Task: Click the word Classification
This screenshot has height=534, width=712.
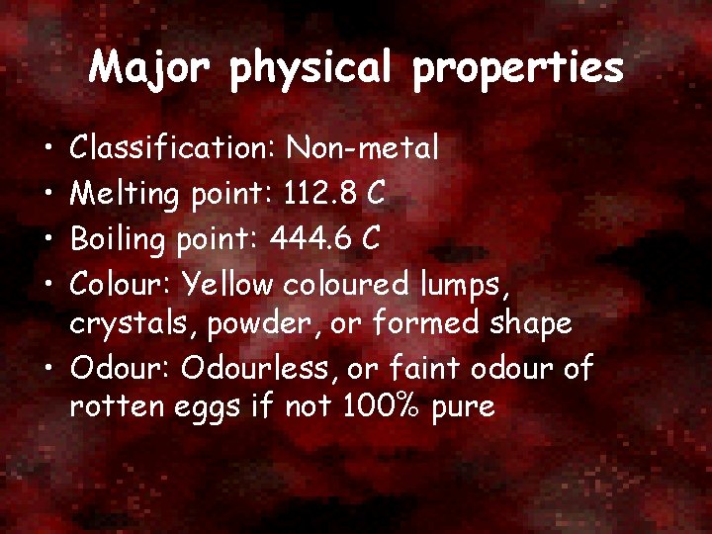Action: [x=173, y=148]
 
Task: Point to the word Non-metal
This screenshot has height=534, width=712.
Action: [x=362, y=148]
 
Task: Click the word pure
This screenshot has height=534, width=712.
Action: [x=462, y=407]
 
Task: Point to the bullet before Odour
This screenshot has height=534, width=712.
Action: [x=48, y=370]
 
